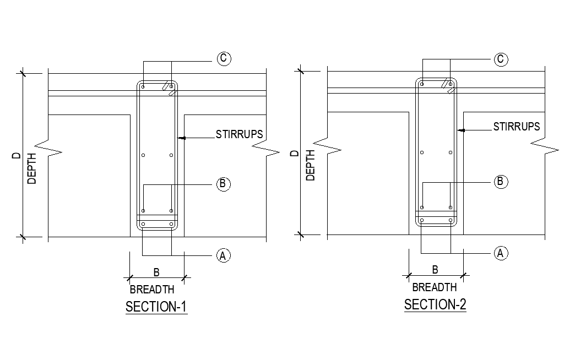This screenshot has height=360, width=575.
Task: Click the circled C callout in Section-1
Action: (x=224, y=58)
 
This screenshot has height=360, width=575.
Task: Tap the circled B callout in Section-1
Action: (x=223, y=184)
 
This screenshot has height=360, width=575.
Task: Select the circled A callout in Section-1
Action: (x=223, y=255)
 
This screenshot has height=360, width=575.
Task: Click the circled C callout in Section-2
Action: (x=501, y=59)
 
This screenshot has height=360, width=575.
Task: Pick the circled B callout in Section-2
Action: (x=500, y=181)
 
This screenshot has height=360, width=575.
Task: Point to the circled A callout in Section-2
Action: (x=500, y=253)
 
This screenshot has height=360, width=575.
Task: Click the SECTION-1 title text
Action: (x=156, y=307)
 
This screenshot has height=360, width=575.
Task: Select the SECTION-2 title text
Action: (x=435, y=304)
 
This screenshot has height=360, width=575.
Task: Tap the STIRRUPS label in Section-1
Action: (x=239, y=134)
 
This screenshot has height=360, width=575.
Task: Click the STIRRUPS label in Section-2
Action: (x=516, y=127)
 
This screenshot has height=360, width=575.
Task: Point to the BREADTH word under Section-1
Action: (x=152, y=290)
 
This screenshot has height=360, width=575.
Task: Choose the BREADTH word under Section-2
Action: (x=434, y=287)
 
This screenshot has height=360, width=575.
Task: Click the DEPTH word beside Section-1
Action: (x=32, y=168)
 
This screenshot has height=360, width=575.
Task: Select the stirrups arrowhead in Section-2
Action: (x=461, y=130)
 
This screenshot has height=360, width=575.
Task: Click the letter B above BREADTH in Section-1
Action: (x=156, y=272)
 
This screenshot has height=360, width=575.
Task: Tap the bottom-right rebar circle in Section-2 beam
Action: (x=451, y=221)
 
